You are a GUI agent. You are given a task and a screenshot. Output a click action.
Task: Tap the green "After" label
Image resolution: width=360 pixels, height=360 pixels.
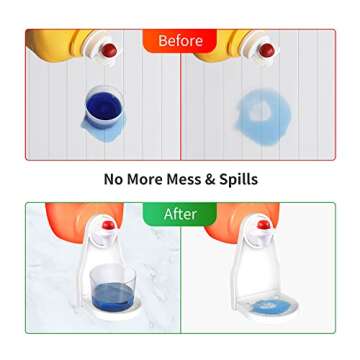click(x=180, y=217)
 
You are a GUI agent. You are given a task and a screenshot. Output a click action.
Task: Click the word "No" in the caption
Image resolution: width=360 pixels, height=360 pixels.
click(x=115, y=180)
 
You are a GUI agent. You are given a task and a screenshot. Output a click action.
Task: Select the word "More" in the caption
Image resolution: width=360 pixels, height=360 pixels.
click(x=152, y=180)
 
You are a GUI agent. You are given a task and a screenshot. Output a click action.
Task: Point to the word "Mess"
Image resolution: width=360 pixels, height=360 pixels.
click(x=194, y=180)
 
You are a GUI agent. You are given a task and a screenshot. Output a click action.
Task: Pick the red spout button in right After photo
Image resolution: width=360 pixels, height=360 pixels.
click(x=265, y=229)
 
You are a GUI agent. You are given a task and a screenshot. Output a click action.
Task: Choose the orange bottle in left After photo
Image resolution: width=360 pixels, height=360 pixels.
click(x=66, y=226)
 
